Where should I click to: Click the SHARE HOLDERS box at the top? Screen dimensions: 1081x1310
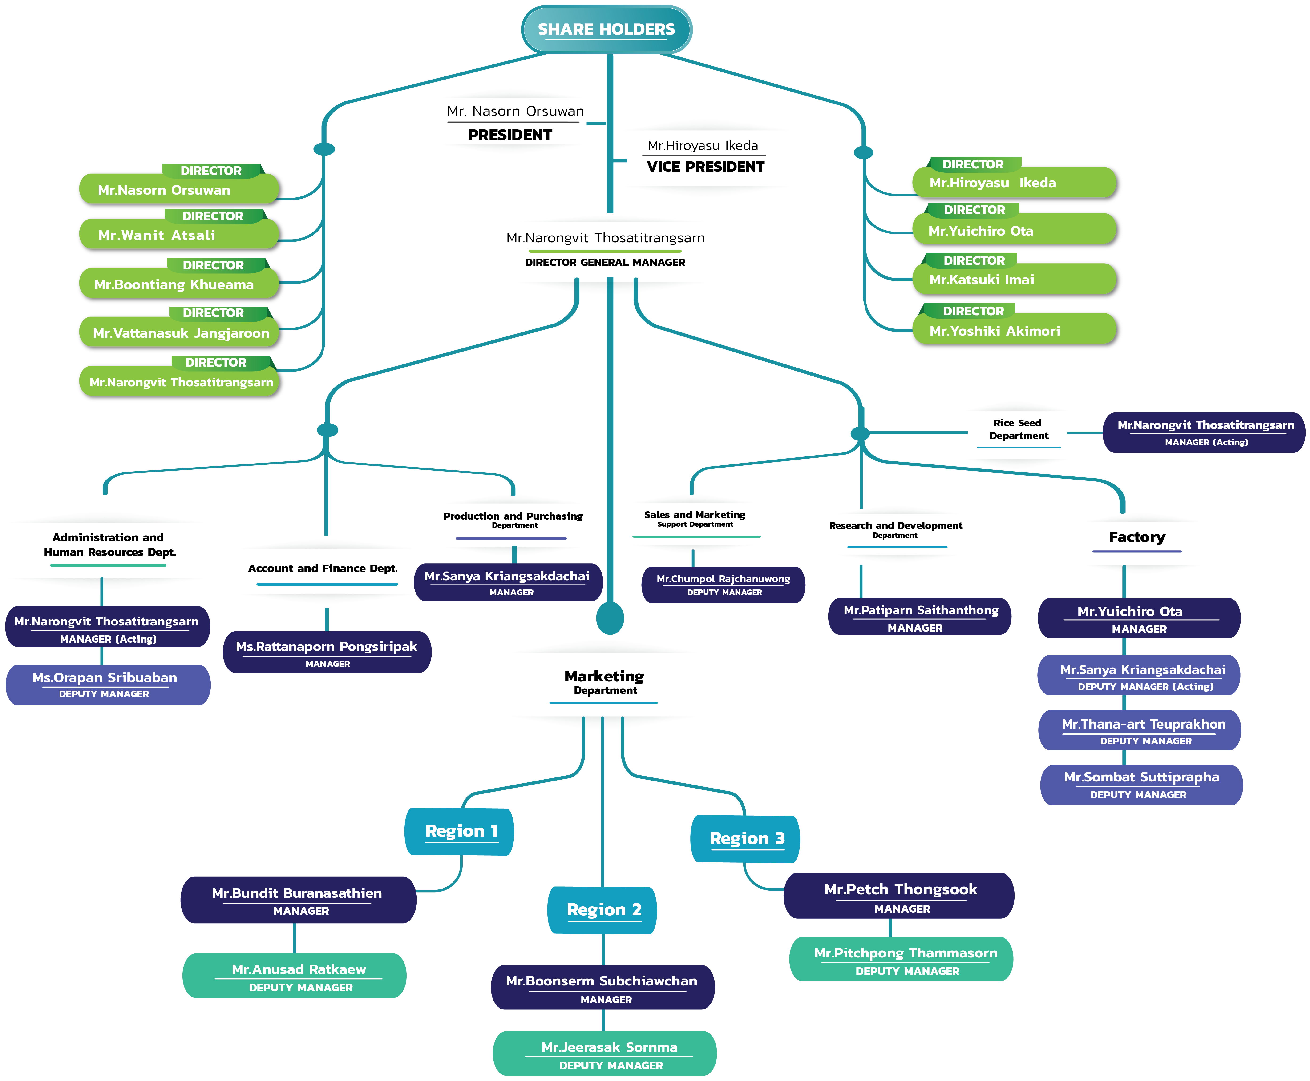tap(606, 29)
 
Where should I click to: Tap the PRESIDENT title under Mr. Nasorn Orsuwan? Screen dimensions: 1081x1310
tap(509, 135)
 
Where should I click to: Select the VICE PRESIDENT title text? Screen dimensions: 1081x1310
tap(705, 167)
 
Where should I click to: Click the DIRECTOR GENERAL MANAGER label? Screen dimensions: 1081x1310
tap(605, 262)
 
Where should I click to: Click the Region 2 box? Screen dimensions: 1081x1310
tap(603, 910)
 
